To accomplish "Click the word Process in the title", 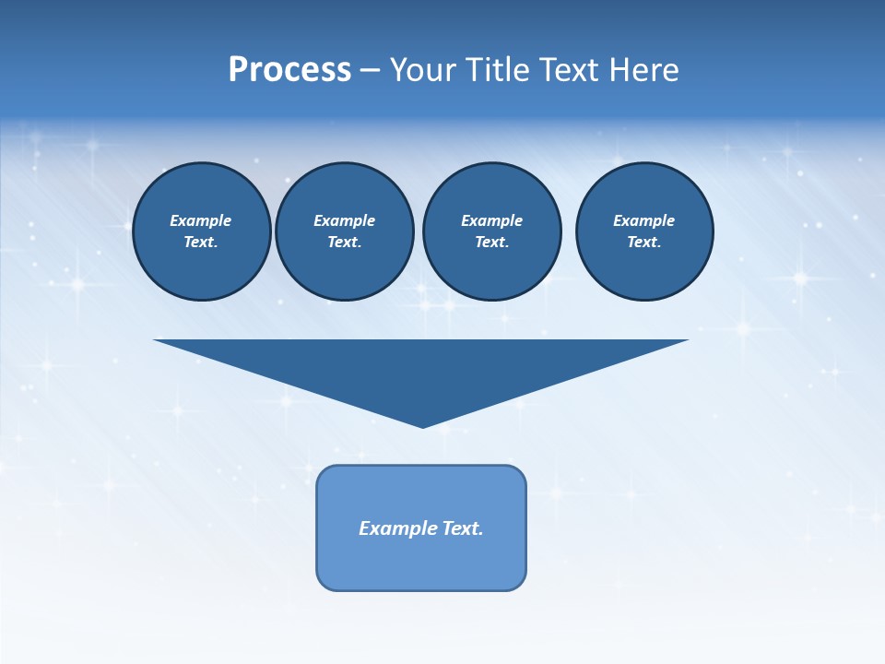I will pyautogui.click(x=289, y=70).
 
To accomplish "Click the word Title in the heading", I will pyautogui.click(x=499, y=70).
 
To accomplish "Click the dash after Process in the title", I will pyautogui.click(x=370, y=71).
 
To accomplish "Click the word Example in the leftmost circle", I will pyautogui.click(x=201, y=220).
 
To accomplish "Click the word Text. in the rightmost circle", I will pyautogui.click(x=644, y=242).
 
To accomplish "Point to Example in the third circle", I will pyautogui.click(x=491, y=220).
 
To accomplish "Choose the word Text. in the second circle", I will pyautogui.click(x=345, y=242).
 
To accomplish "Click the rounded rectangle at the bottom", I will pyautogui.click(x=421, y=563).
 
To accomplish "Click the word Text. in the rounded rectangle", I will pyautogui.click(x=463, y=528).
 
